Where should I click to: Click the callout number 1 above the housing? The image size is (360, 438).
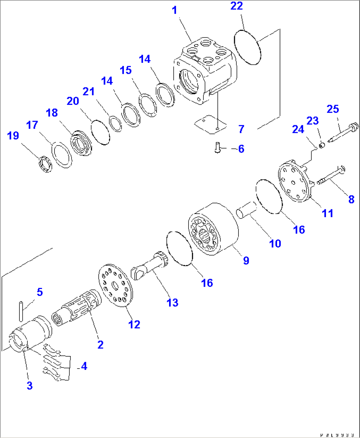(x=174, y=10)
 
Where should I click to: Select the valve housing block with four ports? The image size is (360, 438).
(x=205, y=71)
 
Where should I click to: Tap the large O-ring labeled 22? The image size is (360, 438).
(x=247, y=47)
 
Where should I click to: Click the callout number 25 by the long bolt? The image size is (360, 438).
(x=333, y=109)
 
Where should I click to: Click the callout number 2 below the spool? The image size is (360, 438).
(x=100, y=344)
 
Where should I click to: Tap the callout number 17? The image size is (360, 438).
(x=32, y=125)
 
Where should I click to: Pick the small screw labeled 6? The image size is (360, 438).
(x=217, y=147)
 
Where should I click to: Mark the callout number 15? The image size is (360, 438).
(x=126, y=70)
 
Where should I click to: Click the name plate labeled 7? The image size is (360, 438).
(x=210, y=124)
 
